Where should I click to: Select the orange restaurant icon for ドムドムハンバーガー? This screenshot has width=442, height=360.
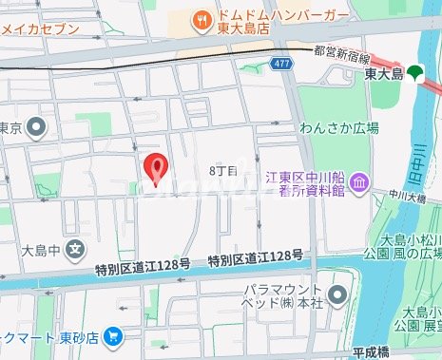(x=202, y=18)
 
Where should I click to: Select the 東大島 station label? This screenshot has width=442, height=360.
(x=384, y=74)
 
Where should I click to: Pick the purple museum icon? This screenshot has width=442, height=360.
(x=359, y=180)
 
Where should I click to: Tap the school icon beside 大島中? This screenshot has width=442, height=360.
(x=77, y=252)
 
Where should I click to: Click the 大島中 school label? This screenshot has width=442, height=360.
(x=41, y=253)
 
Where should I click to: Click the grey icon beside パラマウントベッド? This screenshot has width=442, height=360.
(x=339, y=293)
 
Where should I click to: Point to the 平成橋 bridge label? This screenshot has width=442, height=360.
(x=374, y=351)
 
